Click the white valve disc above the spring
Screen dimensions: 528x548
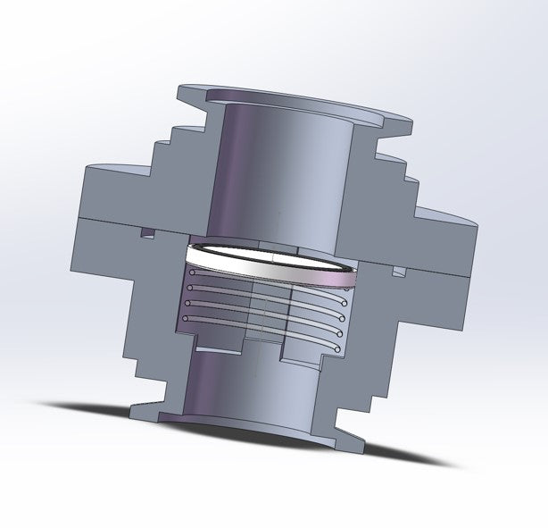[268, 260]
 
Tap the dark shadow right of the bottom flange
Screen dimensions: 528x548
[411, 457]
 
